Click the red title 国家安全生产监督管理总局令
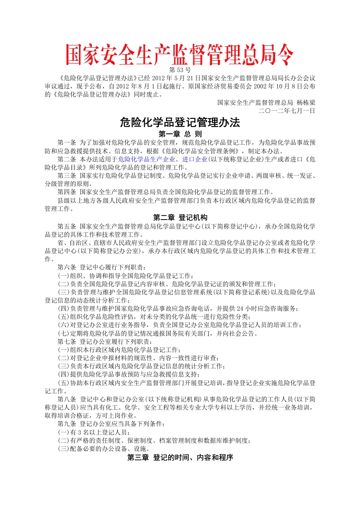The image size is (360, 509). (180, 55)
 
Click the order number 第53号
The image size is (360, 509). (179, 70)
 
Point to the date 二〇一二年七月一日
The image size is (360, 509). (286, 110)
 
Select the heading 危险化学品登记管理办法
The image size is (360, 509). (179, 122)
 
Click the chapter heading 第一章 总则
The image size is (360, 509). (180, 134)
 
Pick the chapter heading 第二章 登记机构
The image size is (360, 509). (180, 217)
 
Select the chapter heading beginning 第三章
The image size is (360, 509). (180, 458)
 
